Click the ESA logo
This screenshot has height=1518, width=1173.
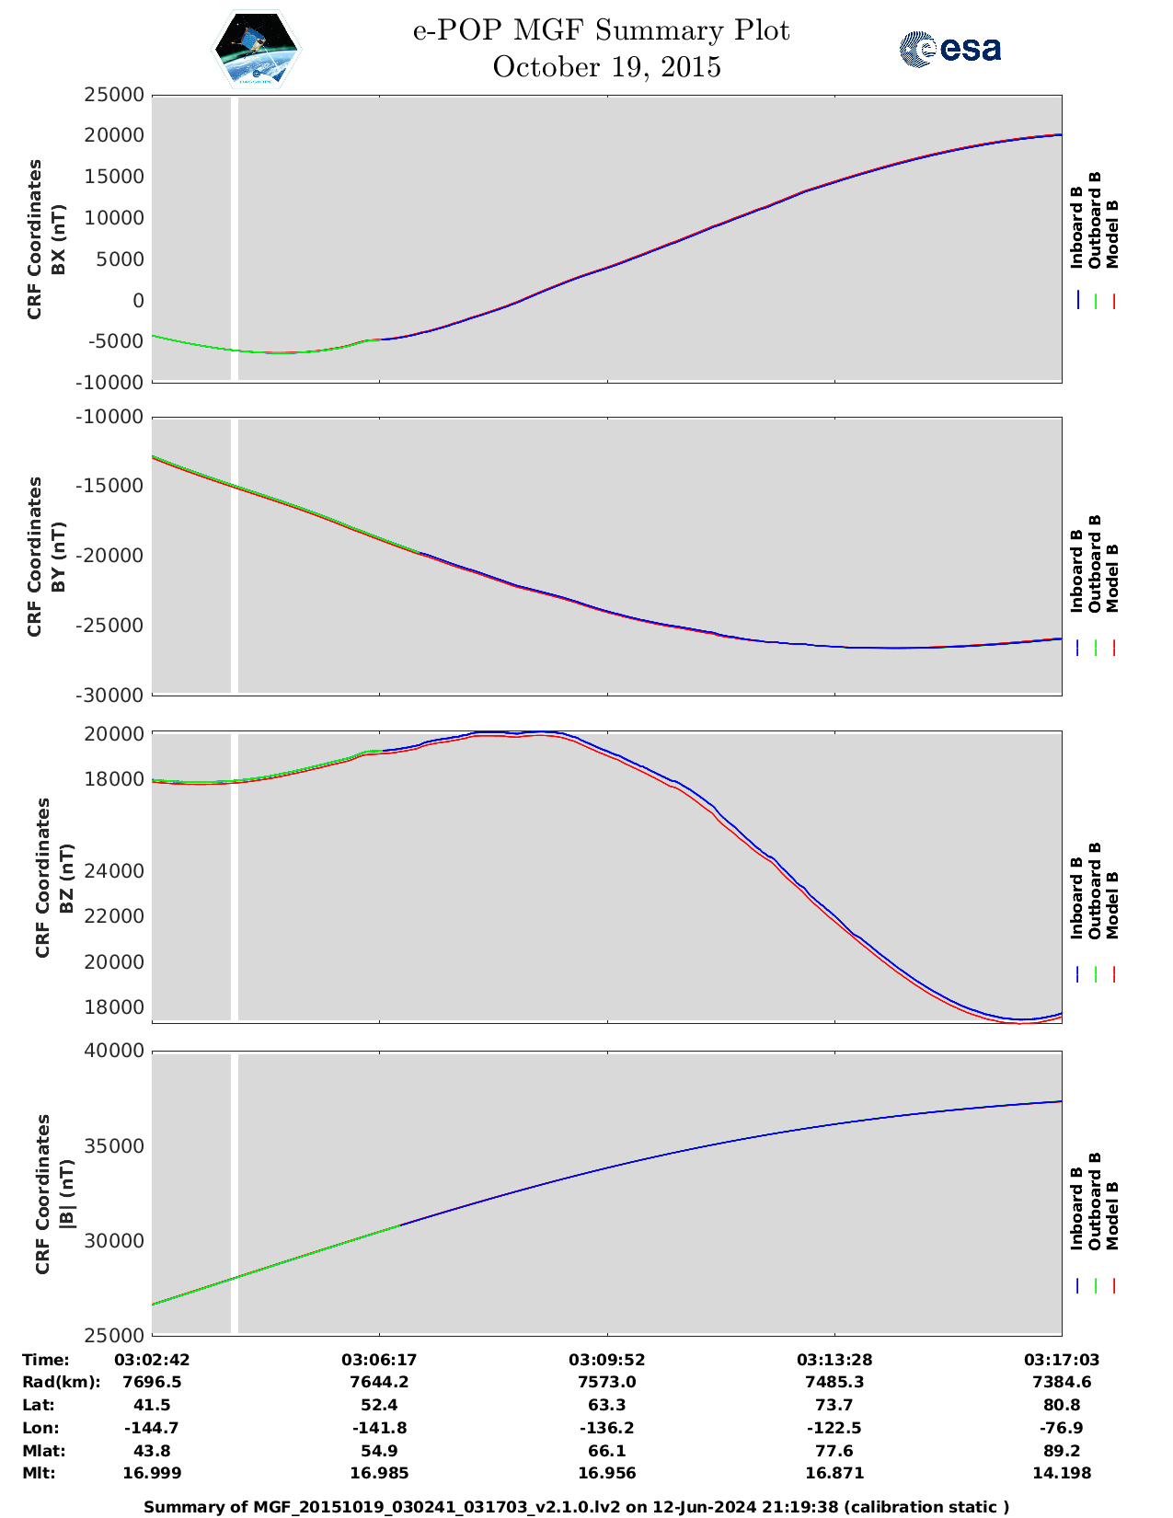point(950,49)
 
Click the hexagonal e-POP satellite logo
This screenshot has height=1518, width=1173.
point(256,49)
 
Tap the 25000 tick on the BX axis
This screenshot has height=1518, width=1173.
point(114,95)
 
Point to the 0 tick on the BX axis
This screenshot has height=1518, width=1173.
point(138,301)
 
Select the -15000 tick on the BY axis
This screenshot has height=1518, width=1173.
point(109,486)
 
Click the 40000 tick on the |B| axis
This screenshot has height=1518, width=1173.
point(114,1051)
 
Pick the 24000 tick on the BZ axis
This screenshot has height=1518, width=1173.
point(114,871)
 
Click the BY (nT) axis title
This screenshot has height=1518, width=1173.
point(59,557)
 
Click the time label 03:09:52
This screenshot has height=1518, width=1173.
point(606,1360)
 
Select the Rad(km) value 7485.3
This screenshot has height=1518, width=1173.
point(834,1382)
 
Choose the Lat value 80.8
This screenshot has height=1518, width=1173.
point(1062,1405)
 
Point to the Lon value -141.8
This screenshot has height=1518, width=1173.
point(379,1428)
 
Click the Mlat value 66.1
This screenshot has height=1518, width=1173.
point(606,1451)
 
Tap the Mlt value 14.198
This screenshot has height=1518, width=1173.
point(1062,1473)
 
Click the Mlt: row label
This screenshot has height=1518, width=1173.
point(39,1473)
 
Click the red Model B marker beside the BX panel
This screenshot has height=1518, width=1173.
point(1113,301)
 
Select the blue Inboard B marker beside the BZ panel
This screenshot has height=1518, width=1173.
point(1077,973)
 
